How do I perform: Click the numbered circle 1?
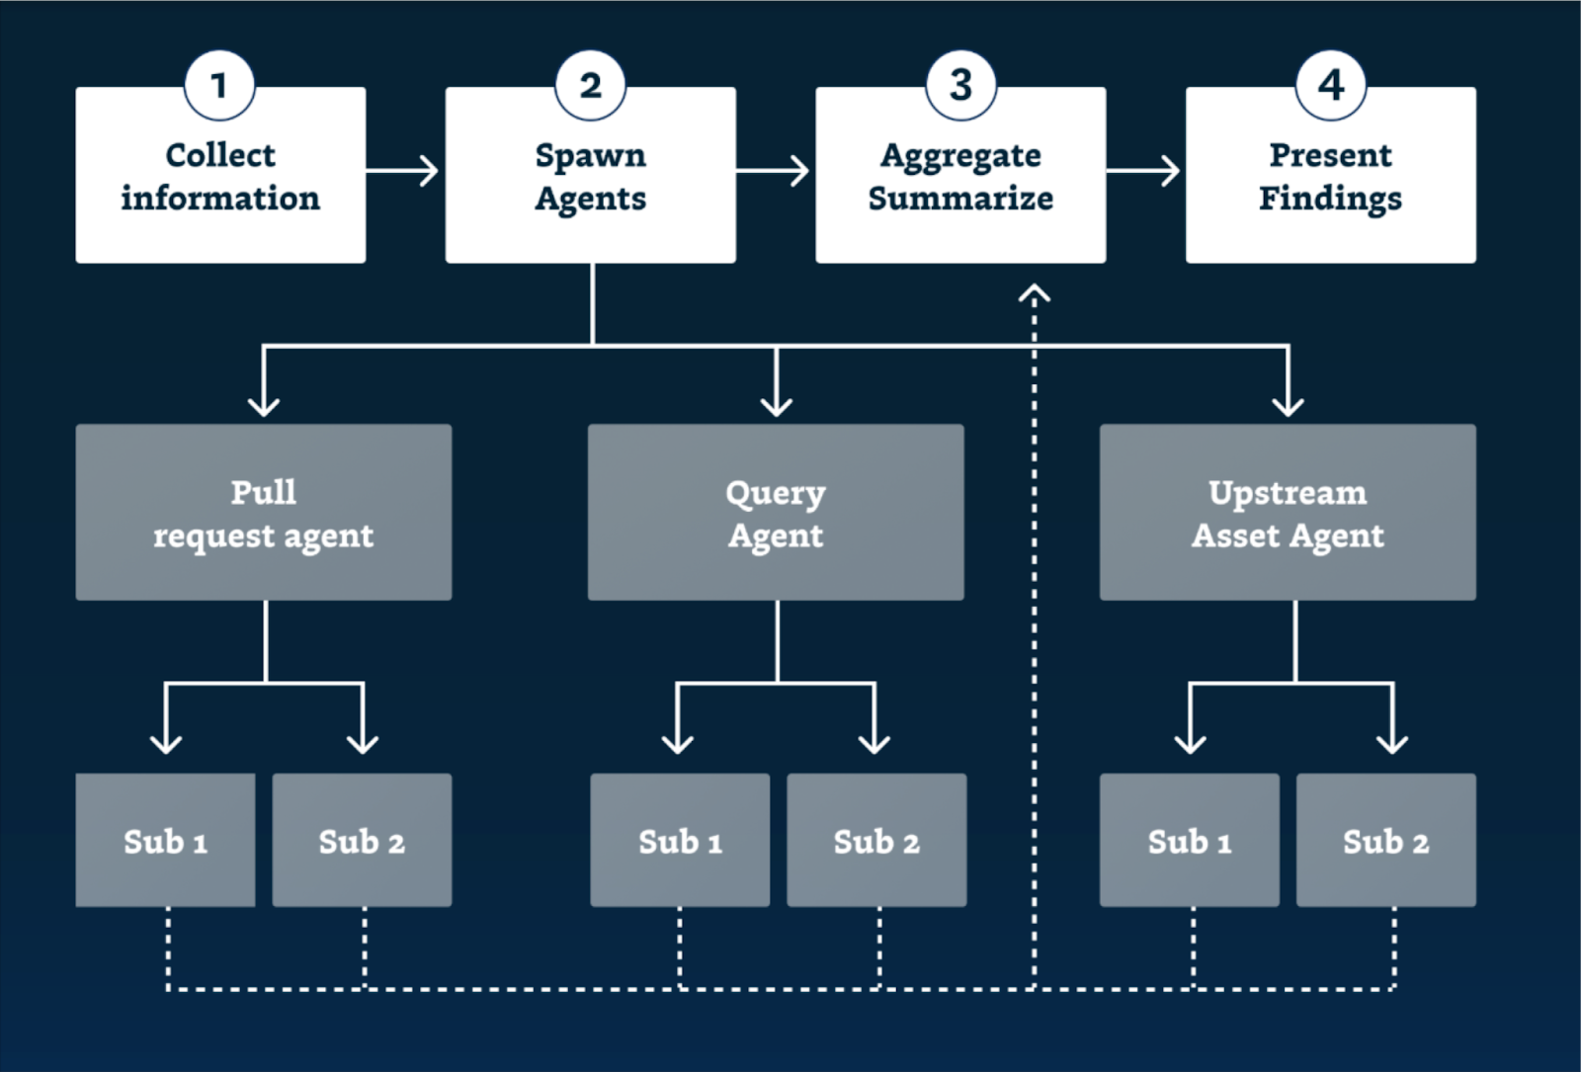(219, 85)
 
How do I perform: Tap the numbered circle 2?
(590, 85)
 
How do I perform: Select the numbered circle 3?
(960, 85)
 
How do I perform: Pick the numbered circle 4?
(1331, 85)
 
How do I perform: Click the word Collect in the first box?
(220, 155)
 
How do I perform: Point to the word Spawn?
(590, 155)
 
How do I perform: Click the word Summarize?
(960, 199)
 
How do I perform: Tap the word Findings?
(1330, 199)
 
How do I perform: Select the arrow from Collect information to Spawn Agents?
(403, 171)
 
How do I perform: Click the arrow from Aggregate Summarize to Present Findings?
(1144, 171)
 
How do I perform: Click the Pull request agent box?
(264, 513)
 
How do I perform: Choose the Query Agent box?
(776, 513)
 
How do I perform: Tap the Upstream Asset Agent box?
(1288, 513)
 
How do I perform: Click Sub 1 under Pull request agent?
(165, 841)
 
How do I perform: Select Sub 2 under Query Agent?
(876, 841)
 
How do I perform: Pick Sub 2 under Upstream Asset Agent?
(1385, 841)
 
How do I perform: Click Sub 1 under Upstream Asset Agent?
(1190, 841)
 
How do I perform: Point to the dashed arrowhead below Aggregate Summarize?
(1035, 293)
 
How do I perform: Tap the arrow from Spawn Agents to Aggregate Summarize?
(774, 171)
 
